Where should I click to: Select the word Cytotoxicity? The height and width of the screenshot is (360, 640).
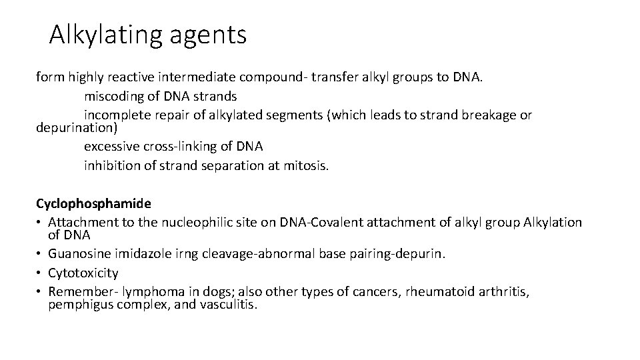coord(83,273)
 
